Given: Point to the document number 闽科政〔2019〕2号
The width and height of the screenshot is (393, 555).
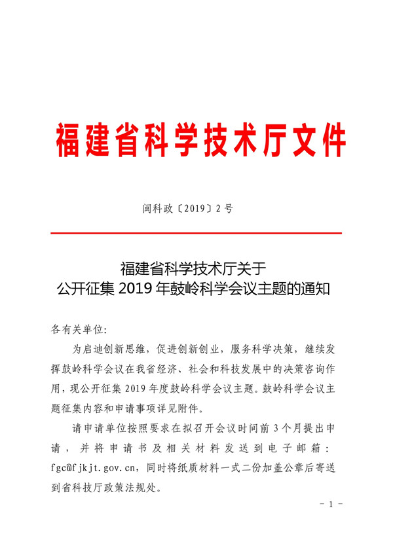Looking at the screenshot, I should click(x=188, y=209).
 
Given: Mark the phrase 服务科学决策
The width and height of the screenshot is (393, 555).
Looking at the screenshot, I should click(x=269, y=348).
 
